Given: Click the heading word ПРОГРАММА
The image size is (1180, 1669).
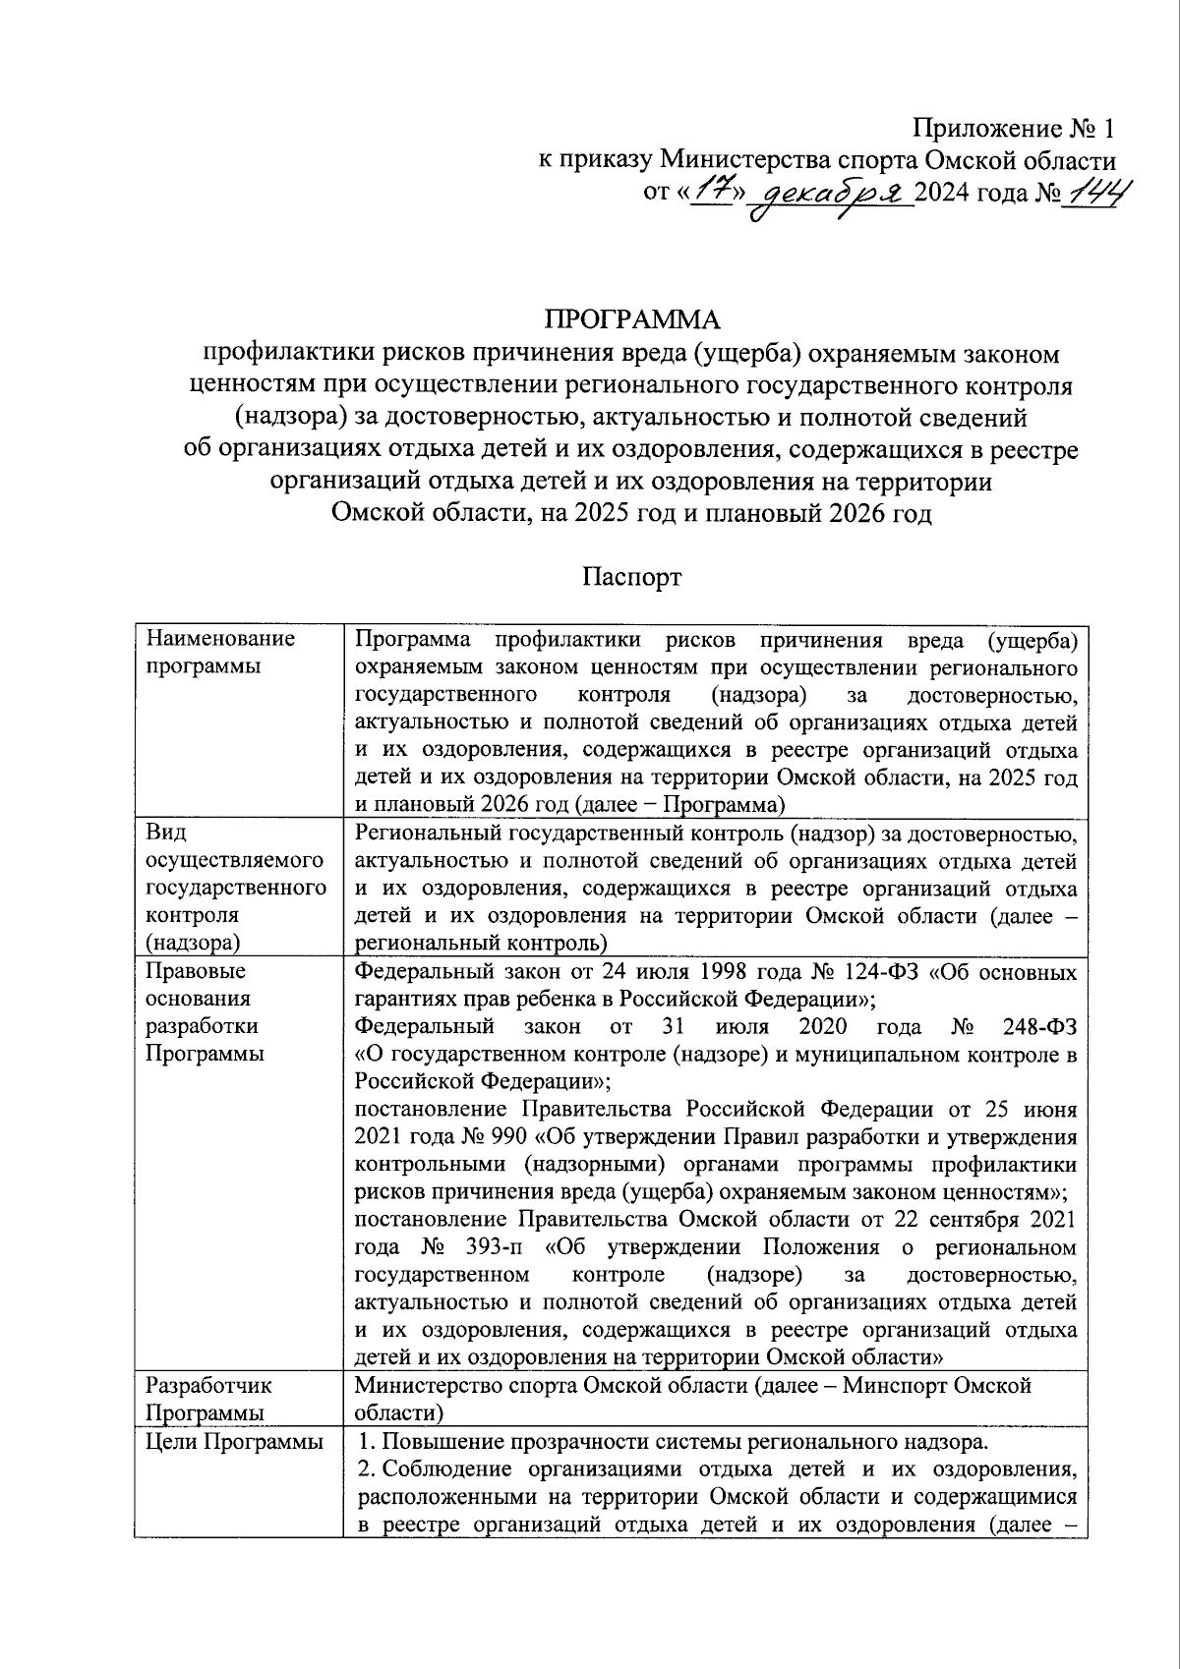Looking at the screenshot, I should click(x=632, y=319).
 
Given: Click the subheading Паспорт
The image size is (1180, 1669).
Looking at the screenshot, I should click(x=631, y=577).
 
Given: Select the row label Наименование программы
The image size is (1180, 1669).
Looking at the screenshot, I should click(x=220, y=653).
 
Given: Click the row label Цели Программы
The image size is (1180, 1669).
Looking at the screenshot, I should click(x=234, y=1442).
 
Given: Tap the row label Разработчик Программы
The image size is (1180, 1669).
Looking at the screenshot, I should click(x=208, y=1400).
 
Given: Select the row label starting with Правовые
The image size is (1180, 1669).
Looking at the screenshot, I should click(x=198, y=1011).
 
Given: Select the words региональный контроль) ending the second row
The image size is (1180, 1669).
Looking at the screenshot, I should click(x=481, y=944).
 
